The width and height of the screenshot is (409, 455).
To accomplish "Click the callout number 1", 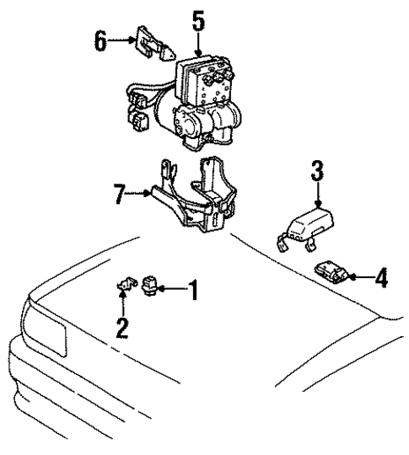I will (192, 293).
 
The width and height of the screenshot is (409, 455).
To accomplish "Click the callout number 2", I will (122, 327).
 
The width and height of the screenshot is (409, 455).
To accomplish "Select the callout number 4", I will (380, 277).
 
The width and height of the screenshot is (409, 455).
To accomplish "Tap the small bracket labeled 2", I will (124, 287).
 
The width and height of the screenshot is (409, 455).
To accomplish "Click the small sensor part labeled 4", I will (329, 271).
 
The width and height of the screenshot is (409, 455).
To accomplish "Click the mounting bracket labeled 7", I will (194, 198).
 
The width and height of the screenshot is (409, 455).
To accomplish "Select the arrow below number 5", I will (198, 46).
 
